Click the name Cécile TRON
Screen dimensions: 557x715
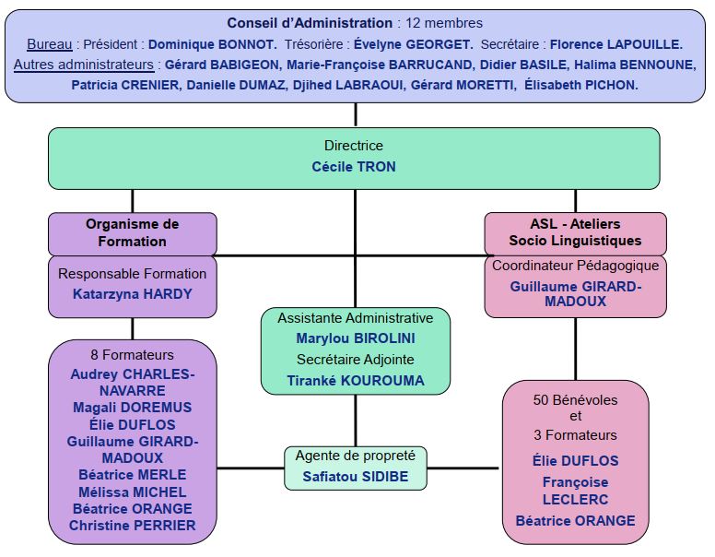click(354, 167)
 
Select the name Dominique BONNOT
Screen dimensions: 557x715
click(212, 44)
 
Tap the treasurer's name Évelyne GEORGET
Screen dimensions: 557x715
click(416, 44)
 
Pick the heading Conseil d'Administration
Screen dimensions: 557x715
click(310, 23)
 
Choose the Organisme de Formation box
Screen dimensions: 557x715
click(132, 232)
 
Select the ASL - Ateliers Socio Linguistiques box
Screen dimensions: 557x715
click(575, 232)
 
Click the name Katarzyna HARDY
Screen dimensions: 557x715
click(132, 294)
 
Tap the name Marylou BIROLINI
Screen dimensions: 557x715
click(355, 338)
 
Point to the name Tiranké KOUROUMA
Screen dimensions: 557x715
click(355, 380)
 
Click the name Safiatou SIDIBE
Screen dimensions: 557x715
click(355, 477)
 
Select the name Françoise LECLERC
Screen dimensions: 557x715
click(575, 491)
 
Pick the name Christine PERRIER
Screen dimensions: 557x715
click(132, 526)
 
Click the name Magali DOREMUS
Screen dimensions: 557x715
click(132, 408)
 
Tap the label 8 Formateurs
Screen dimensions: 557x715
click(132, 354)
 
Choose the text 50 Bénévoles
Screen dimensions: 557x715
click(575, 400)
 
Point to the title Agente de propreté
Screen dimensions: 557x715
click(355, 456)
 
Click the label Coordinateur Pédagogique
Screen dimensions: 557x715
click(575, 266)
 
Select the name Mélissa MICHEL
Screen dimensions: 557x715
click(132, 492)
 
